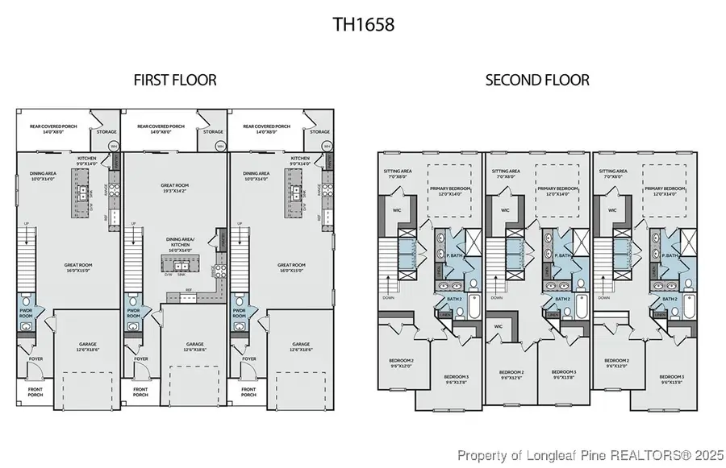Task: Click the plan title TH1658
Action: pos(363,25)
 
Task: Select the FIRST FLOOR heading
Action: pos(175,81)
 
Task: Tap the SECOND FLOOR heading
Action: pos(536,81)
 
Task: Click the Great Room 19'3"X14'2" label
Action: pos(174,188)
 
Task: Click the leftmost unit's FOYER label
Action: pos(35,359)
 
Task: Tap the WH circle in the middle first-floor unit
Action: pos(220,147)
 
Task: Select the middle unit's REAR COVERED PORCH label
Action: pos(161,128)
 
